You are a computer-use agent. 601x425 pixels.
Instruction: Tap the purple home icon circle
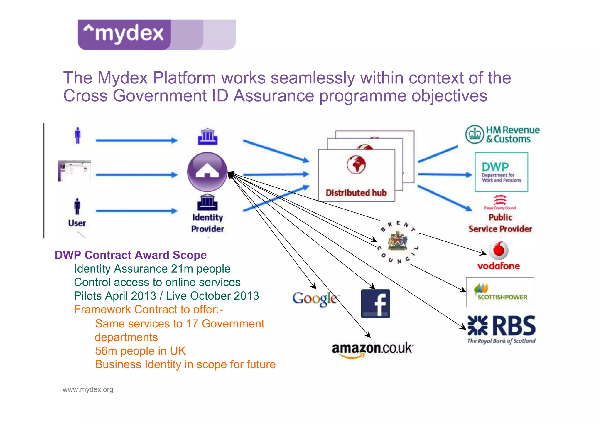click(x=207, y=172)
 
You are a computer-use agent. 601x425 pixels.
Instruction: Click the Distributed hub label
click(x=356, y=193)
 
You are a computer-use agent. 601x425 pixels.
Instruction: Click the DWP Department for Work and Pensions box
click(x=501, y=172)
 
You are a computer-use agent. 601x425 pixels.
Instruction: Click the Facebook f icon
click(x=375, y=304)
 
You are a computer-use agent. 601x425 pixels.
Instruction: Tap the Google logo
click(x=315, y=299)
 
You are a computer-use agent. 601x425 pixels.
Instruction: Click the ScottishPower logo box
click(x=500, y=292)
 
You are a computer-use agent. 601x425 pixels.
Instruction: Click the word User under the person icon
click(x=77, y=223)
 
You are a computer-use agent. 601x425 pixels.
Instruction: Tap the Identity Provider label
click(x=207, y=223)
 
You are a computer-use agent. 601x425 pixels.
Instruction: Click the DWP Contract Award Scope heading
click(x=131, y=255)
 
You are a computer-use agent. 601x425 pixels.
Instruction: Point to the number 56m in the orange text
click(x=106, y=351)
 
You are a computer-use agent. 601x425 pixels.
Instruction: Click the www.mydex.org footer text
click(x=88, y=389)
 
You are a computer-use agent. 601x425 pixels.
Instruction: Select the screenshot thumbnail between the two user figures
click(x=74, y=171)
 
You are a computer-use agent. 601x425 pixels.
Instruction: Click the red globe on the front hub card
click(x=356, y=164)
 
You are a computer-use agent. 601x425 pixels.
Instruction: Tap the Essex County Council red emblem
click(x=500, y=200)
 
